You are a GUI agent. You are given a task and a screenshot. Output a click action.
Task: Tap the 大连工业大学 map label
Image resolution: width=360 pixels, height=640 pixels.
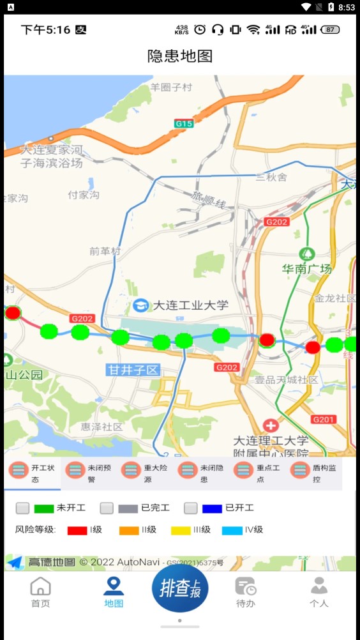tap(190, 305)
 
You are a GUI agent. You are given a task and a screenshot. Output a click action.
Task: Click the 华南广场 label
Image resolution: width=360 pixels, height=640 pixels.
tap(307, 269)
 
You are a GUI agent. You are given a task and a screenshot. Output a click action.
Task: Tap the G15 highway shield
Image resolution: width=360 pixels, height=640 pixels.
tap(184, 123)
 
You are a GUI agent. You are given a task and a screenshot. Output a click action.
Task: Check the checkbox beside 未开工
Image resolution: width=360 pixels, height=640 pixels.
tap(23, 508)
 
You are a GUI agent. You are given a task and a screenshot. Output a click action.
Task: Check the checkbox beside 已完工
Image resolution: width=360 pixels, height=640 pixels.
tap(107, 508)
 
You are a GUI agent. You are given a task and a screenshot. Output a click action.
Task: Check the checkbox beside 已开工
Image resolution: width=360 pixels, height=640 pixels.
tap(190, 508)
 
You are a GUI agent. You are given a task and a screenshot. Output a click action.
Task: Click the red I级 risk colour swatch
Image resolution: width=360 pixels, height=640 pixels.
tap(77, 530)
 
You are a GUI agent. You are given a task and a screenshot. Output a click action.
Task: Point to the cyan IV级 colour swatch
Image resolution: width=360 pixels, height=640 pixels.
tap(232, 530)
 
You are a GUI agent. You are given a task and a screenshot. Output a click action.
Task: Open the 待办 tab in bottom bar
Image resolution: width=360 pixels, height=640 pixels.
tap(246, 591)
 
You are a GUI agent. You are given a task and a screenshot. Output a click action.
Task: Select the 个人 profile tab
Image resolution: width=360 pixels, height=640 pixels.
tap(319, 591)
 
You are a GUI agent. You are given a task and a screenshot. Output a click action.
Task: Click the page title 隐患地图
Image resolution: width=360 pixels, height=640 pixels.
tap(180, 56)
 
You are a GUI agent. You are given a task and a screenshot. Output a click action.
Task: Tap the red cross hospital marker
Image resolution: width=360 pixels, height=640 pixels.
tap(271, 425)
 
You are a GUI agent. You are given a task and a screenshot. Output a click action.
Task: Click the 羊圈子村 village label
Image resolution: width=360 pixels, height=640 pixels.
tap(171, 87)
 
